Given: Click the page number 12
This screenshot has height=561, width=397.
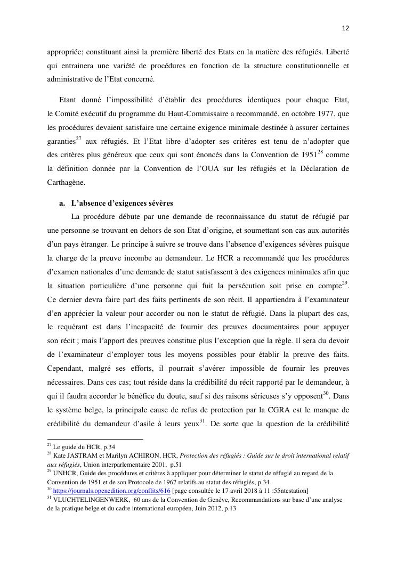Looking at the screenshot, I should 345,28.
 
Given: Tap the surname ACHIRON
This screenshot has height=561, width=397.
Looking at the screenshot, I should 145,456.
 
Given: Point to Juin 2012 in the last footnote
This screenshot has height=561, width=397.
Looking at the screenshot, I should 197,509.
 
